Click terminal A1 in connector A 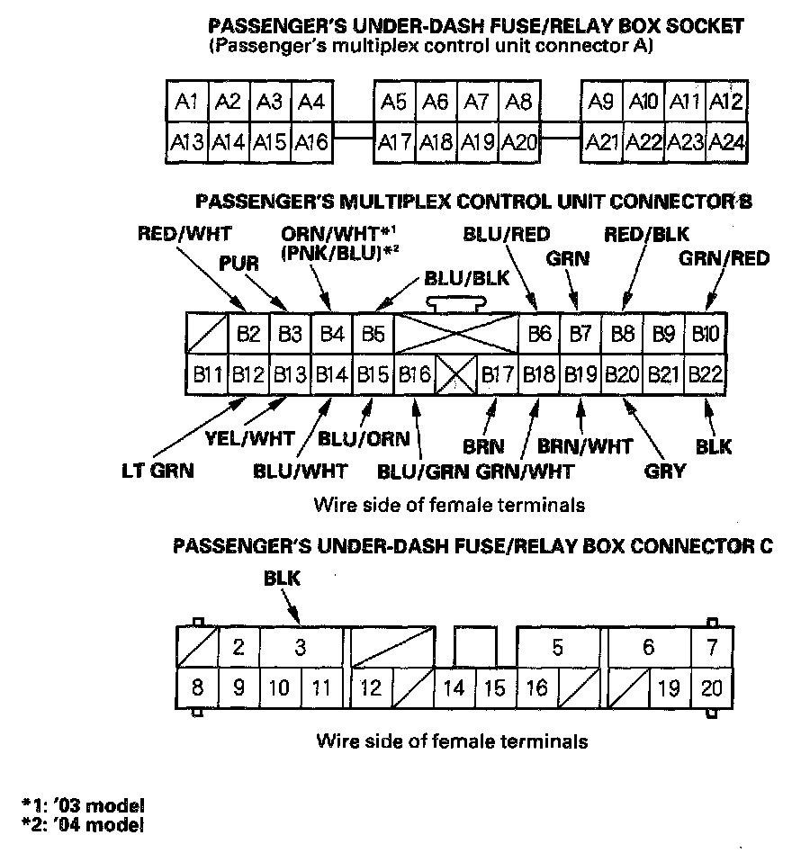(187, 102)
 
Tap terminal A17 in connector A (394, 141)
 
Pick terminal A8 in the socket (519, 102)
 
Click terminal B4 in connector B (332, 335)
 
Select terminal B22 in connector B (706, 373)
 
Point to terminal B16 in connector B (415, 373)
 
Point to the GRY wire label (667, 470)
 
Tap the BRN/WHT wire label (585, 444)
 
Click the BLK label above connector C (282, 579)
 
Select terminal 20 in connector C (711, 688)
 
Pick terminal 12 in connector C (371, 688)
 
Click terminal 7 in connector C (711, 647)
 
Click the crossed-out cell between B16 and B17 (456, 373)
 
